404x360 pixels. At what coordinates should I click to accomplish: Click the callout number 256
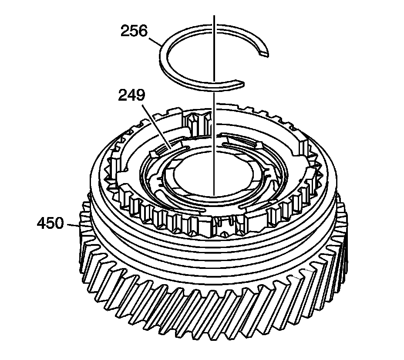(x=134, y=31)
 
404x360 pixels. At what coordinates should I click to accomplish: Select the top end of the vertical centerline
(x=214, y=16)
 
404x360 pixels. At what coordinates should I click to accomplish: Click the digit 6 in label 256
(x=142, y=31)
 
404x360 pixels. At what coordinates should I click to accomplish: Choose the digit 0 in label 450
(x=59, y=224)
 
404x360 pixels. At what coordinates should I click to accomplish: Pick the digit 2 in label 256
(x=125, y=31)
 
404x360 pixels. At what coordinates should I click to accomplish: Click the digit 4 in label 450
(x=42, y=224)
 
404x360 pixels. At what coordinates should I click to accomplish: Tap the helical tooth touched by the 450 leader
(x=83, y=227)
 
